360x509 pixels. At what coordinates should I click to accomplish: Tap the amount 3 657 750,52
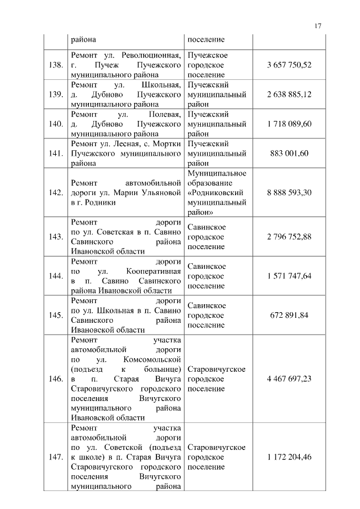pyautogui.click(x=289, y=65)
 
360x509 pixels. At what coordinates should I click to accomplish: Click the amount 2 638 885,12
pyautogui.click(x=289, y=94)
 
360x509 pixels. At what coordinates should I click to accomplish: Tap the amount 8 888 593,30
pyautogui.click(x=289, y=192)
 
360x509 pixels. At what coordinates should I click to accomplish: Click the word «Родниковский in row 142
pyautogui.click(x=216, y=193)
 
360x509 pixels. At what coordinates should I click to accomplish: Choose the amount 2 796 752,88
pyautogui.click(x=289, y=237)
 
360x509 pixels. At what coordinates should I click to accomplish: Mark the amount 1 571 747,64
pyautogui.click(x=289, y=276)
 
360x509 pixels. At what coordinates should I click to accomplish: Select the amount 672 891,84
pyautogui.click(x=289, y=315)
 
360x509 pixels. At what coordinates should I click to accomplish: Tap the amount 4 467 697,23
pyautogui.click(x=289, y=379)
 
